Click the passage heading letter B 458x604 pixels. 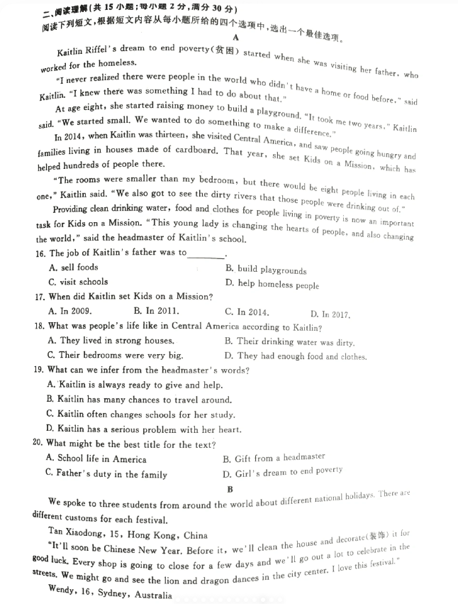230,490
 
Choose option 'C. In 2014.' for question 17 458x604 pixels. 247,312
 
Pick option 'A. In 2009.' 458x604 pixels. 69,310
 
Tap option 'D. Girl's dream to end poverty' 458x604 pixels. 282,471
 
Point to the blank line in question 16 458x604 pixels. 206,253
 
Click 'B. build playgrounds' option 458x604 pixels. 266,270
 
